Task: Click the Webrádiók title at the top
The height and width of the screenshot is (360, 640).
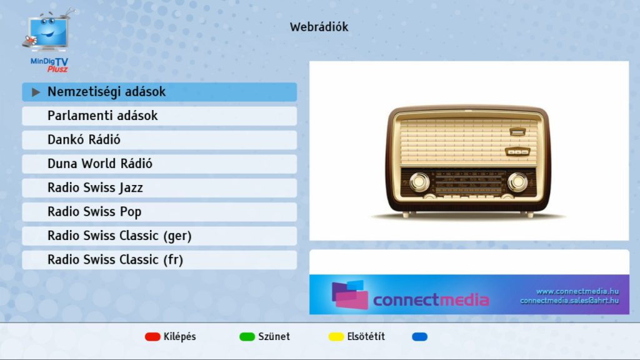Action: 319,27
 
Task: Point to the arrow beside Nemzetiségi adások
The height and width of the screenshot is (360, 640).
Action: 36,92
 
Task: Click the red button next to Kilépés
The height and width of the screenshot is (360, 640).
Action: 152,337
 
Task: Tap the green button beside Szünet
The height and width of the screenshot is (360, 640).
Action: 247,337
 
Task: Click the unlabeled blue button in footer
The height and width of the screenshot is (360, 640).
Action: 419,337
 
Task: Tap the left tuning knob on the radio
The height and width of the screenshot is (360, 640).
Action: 420,182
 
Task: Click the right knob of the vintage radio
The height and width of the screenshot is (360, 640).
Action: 517,182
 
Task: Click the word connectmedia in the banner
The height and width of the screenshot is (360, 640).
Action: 431,300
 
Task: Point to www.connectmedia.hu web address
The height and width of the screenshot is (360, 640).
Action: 577,291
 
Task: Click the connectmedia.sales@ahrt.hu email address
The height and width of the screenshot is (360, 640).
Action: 569,301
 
